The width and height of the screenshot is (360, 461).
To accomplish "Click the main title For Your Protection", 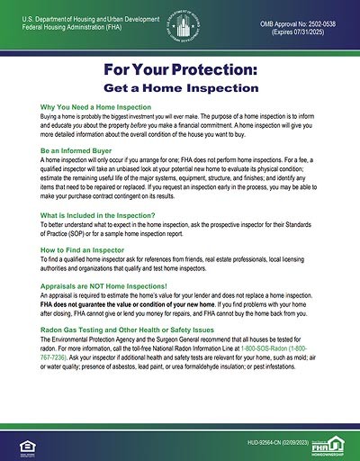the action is click(180, 73).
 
